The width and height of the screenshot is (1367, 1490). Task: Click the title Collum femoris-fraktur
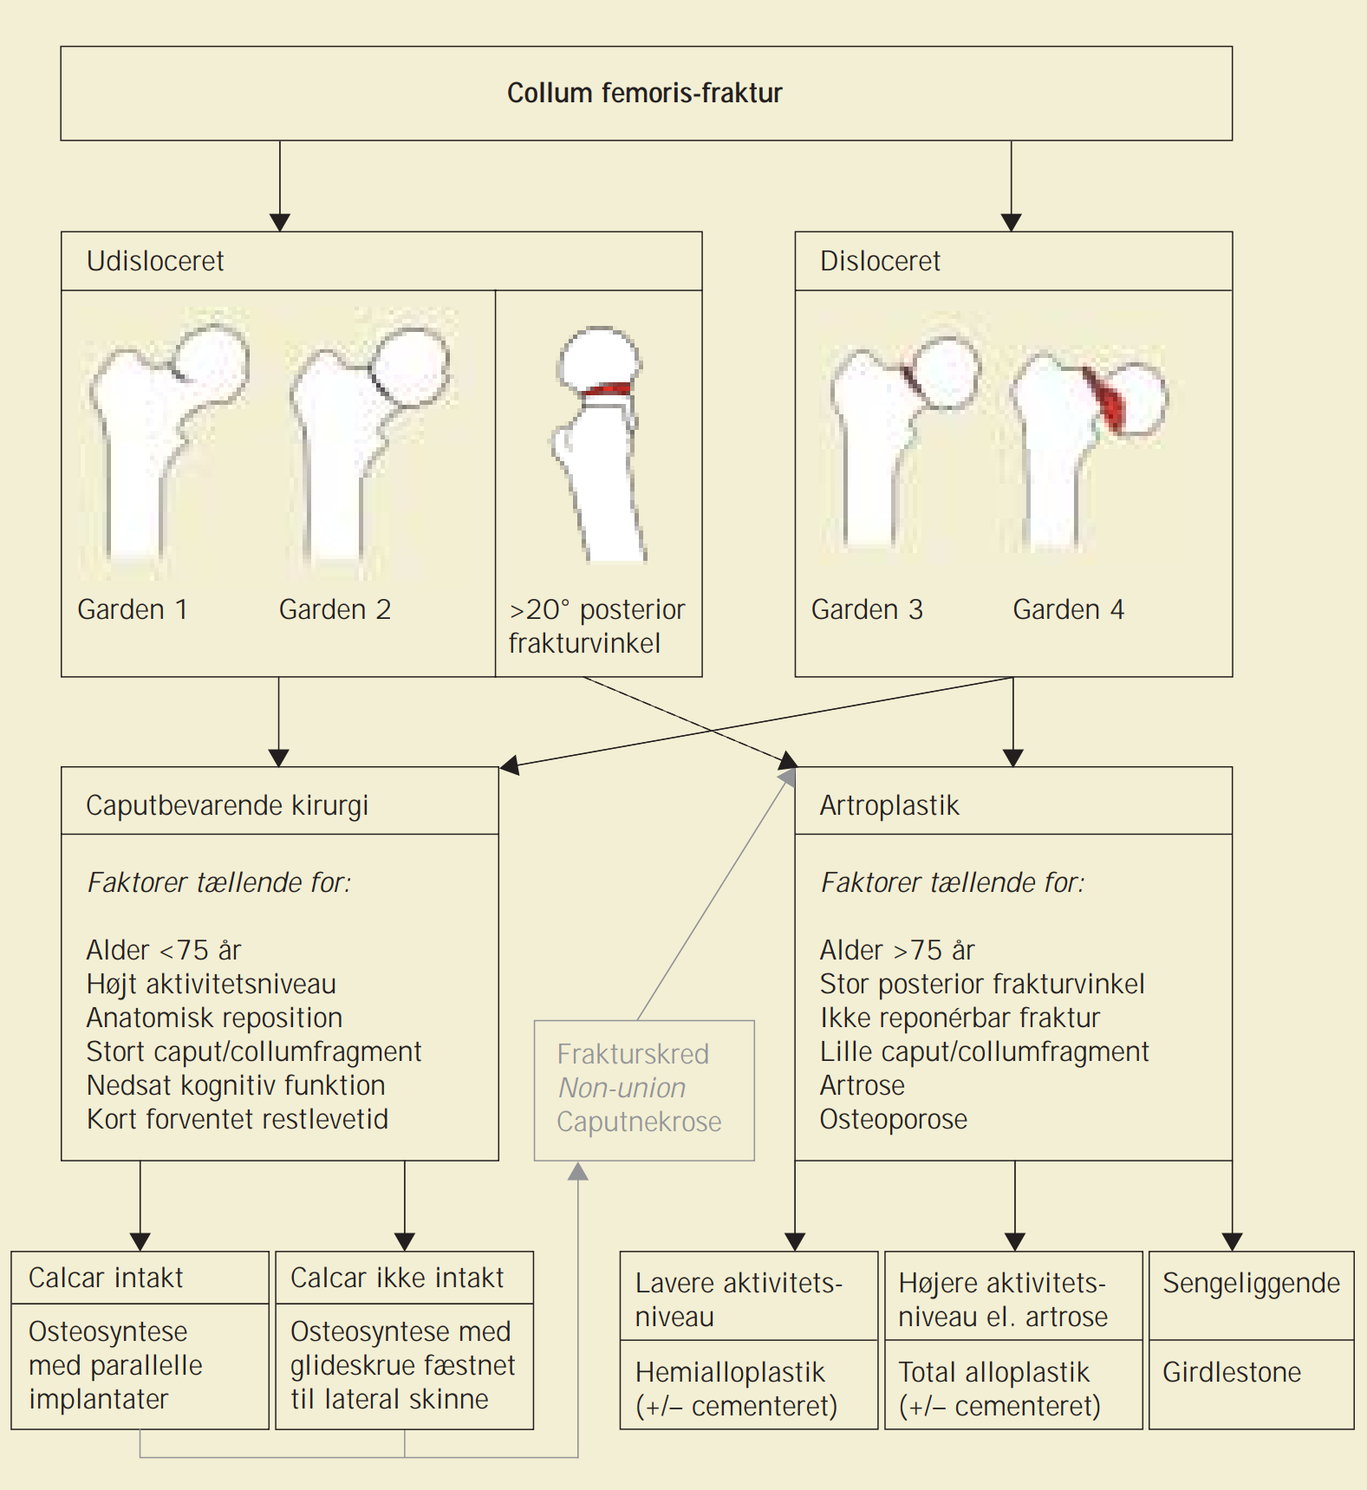[x=645, y=93]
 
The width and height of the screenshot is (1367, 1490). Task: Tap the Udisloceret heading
[x=155, y=261]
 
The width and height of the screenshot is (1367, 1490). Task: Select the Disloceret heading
[x=880, y=261]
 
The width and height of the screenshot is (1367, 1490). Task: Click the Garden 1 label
[x=133, y=609]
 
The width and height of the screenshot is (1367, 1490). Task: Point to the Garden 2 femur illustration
[x=368, y=442]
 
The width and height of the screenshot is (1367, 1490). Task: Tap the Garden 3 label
[x=867, y=609]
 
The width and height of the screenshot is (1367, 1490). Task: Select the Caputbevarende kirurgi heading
[x=227, y=805]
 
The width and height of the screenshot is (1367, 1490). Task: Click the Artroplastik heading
[x=889, y=805]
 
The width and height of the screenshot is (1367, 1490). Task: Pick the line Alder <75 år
[x=164, y=950]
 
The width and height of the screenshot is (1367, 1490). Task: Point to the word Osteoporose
[x=894, y=1119]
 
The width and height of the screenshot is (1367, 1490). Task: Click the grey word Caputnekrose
[x=639, y=1122]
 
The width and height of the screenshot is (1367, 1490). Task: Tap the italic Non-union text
[x=622, y=1088]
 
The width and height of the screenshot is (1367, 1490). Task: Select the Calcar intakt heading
[x=106, y=1278]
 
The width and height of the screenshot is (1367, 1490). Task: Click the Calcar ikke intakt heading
[x=397, y=1278]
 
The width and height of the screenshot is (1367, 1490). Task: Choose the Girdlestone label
[x=1232, y=1372]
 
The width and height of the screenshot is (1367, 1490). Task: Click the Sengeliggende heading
[x=1251, y=1283]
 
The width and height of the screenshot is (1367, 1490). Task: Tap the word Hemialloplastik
[x=730, y=1372]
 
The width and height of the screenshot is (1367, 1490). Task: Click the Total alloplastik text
[x=993, y=1372]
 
